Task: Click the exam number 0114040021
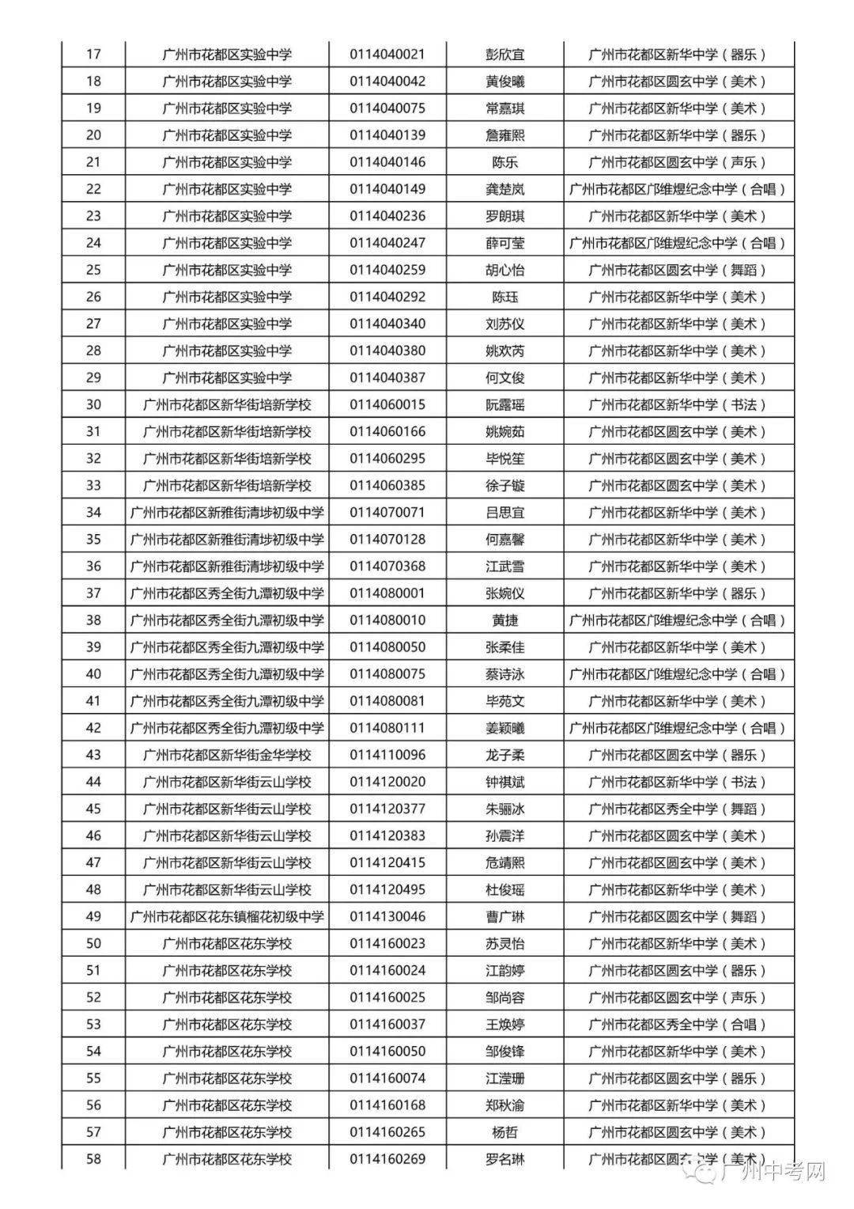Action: pyautogui.click(x=387, y=55)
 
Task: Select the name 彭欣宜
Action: pyautogui.click(x=504, y=55)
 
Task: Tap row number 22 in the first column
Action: pyautogui.click(x=93, y=189)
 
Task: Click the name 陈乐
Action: pyautogui.click(x=504, y=162)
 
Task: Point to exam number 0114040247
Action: pyautogui.click(x=387, y=243)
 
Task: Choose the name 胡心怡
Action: pyautogui.click(x=504, y=270)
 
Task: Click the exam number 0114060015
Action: pyautogui.click(x=387, y=404)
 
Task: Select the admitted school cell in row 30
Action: pyautogui.click(x=678, y=404)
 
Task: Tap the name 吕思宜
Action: pyautogui.click(x=504, y=513)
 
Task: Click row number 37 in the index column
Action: pyautogui.click(x=93, y=593)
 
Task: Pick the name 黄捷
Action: pyautogui.click(x=504, y=620)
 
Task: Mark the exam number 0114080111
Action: pyautogui.click(x=387, y=728)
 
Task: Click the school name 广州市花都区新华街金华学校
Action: pyautogui.click(x=227, y=755)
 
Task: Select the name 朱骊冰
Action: pyautogui.click(x=504, y=809)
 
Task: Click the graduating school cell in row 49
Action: pyautogui.click(x=227, y=916)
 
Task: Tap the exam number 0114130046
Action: pyautogui.click(x=387, y=916)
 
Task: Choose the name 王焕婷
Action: pyautogui.click(x=504, y=1025)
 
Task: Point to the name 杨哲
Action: pyautogui.click(x=504, y=1132)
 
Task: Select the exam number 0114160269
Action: pyautogui.click(x=387, y=1159)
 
